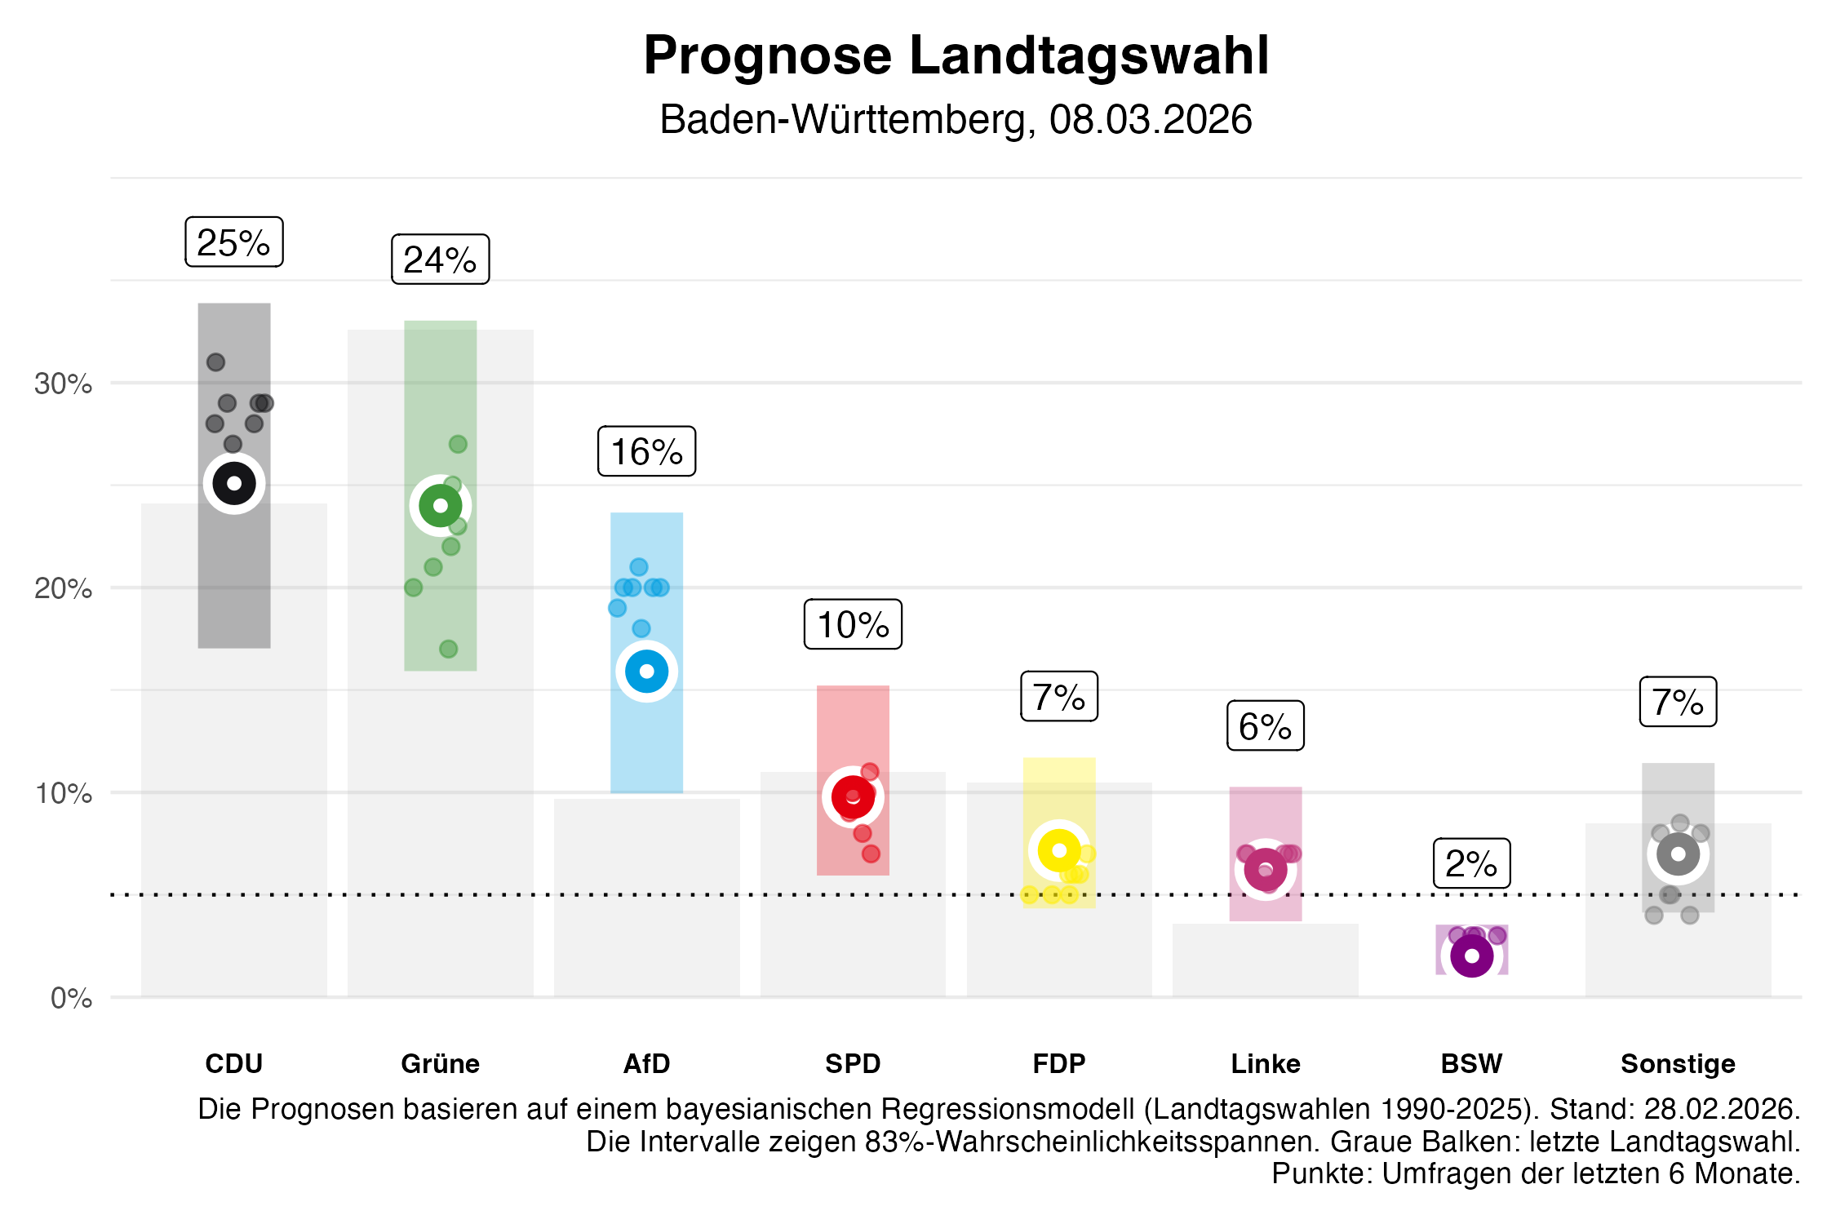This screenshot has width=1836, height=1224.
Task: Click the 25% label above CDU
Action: tap(234, 242)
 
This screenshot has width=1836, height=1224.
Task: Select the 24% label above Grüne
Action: tap(441, 259)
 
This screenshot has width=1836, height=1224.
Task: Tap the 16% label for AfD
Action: tap(647, 451)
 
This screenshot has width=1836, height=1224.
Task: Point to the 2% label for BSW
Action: tap(1472, 863)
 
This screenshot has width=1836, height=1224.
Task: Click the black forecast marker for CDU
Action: tap(234, 483)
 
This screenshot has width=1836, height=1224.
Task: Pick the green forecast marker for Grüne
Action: tap(441, 506)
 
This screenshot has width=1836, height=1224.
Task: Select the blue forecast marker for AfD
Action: tap(647, 672)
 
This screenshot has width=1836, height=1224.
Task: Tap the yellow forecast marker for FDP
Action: tap(1059, 850)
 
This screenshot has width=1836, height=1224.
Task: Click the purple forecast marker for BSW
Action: tap(1472, 956)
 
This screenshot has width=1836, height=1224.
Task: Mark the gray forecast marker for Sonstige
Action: tap(1679, 854)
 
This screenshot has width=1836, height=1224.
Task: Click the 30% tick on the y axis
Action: tap(64, 384)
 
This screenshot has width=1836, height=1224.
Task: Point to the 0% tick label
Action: tap(72, 998)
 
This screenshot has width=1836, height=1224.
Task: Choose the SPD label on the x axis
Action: tap(853, 1064)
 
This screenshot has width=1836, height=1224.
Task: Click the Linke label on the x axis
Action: tap(1266, 1064)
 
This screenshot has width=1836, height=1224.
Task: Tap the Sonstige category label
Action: tap(1678, 1064)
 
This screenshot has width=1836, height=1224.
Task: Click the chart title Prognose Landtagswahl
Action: tap(956, 55)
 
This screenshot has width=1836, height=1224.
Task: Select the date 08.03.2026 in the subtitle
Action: tap(1150, 120)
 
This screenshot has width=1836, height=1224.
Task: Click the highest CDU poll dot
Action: tap(215, 362)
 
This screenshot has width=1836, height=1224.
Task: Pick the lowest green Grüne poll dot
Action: tap(448, 650)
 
